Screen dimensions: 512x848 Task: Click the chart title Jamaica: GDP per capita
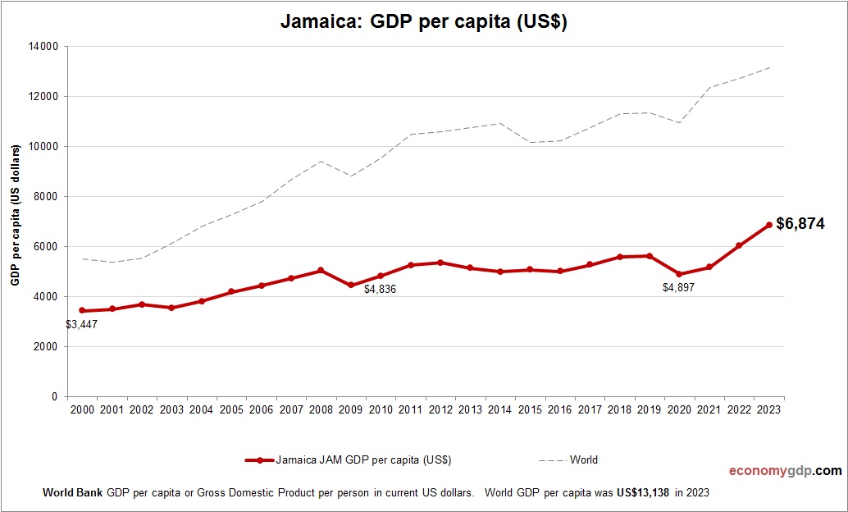click(x=424, y=22)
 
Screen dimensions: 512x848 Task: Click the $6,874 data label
click(x=800, y=223)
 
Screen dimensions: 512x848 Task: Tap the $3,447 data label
click(x=82, y=324)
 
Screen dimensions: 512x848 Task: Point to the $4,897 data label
click(x=678, y=288)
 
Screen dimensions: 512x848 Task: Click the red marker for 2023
click(x=768, y=225)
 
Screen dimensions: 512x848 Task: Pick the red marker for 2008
click(x=321, y=270)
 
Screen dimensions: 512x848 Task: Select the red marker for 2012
click(x=440, y=263)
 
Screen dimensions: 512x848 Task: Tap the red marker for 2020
click(x=679, y=274)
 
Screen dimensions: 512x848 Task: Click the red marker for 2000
click(x=82, y=310)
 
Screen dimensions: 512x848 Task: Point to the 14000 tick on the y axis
click(x=43, y=47)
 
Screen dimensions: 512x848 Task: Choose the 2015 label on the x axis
click(x=530, y=409)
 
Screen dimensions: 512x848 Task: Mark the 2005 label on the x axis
click(x=231, y=409)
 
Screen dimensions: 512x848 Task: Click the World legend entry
click(x=583, y=460)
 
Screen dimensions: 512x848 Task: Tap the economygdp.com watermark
click(x=785, y=471)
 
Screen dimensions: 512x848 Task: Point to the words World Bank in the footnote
click(x=72, y=493)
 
